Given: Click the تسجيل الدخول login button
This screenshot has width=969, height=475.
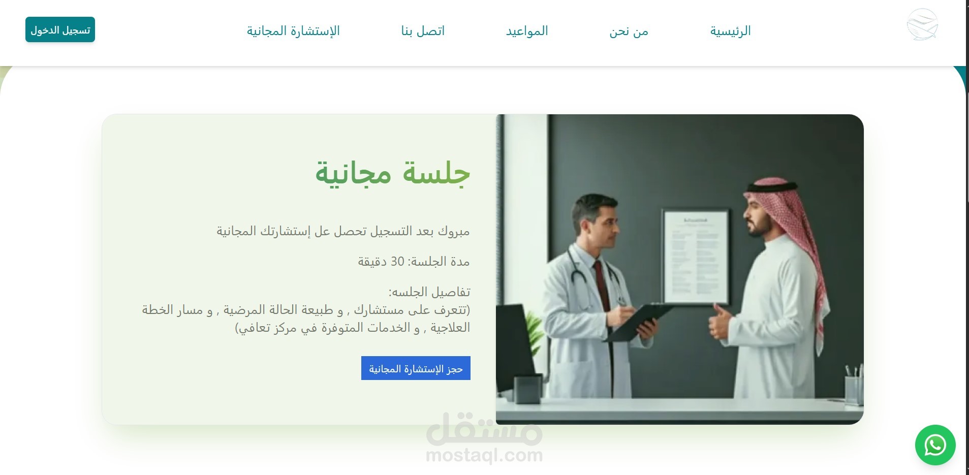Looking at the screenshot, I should pos(60,30).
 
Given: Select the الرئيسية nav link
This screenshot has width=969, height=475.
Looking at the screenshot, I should pos(730,31).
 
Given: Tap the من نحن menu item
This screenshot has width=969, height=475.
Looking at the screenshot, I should pos(629,31).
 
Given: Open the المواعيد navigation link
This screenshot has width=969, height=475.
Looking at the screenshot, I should pos(527,31).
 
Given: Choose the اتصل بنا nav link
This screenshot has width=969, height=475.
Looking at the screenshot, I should pos(423,31).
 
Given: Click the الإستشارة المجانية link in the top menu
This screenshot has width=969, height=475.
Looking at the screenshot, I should pos(293,31).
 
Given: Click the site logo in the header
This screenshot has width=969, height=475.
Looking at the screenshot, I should pos(922,24).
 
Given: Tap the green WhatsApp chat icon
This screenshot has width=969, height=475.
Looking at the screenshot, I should pos(935,445).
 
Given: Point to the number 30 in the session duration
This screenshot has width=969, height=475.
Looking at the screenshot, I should pos(397,262).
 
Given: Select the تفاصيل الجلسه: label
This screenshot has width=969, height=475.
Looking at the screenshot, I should pos(429,292).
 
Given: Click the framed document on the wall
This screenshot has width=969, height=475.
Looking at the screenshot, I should pos(695,257).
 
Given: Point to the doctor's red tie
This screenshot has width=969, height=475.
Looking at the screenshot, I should pos(602,284).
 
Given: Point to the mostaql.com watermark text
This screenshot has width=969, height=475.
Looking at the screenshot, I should pos(484,455).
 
